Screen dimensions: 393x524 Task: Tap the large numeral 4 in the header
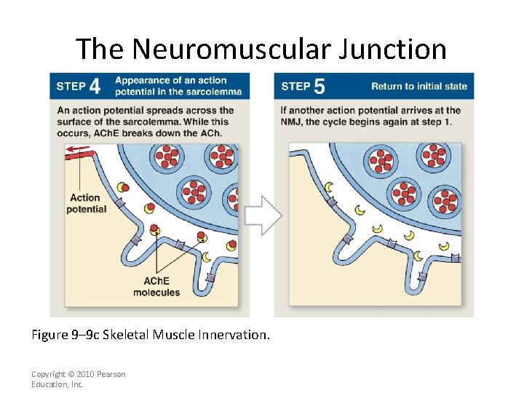tap(95, 87)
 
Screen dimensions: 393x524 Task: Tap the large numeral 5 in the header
tap(319, 87)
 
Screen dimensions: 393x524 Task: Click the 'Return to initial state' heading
tap(418, 86)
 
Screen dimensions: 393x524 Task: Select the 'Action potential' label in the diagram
tap(86, 203)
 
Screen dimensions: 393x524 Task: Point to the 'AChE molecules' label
tap(156, 287)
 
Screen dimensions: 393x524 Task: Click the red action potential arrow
tap(76, 151)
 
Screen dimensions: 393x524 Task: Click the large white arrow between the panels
tap(262, 215)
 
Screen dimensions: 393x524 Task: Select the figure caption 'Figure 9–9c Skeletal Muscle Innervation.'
tap(150, 335)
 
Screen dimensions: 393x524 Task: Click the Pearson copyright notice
tap(78, 379)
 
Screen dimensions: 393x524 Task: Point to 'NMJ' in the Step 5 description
tap(291, 122)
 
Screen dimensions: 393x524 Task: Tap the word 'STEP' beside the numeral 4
tap(71, 87)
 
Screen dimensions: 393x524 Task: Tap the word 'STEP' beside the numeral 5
tap(295, 87)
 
